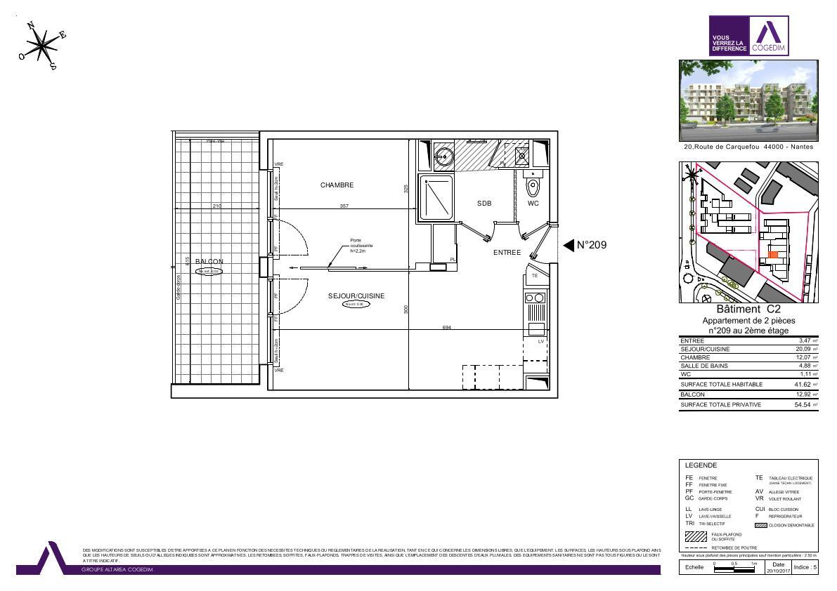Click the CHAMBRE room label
pos(337,185)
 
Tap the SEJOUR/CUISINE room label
pos(356,296)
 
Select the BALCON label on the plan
pos(209,261)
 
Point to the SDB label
pos(484,204)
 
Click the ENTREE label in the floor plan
pos(507,253)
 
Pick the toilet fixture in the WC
pos(533,186)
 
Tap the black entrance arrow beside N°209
pos(569,245)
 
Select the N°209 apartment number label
pos(591,246)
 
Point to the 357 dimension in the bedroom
pos(344,206)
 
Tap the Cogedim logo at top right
pos(748,36)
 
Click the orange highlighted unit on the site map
pos(773,255)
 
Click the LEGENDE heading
pos(701,465)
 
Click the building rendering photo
pos(748,100)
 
